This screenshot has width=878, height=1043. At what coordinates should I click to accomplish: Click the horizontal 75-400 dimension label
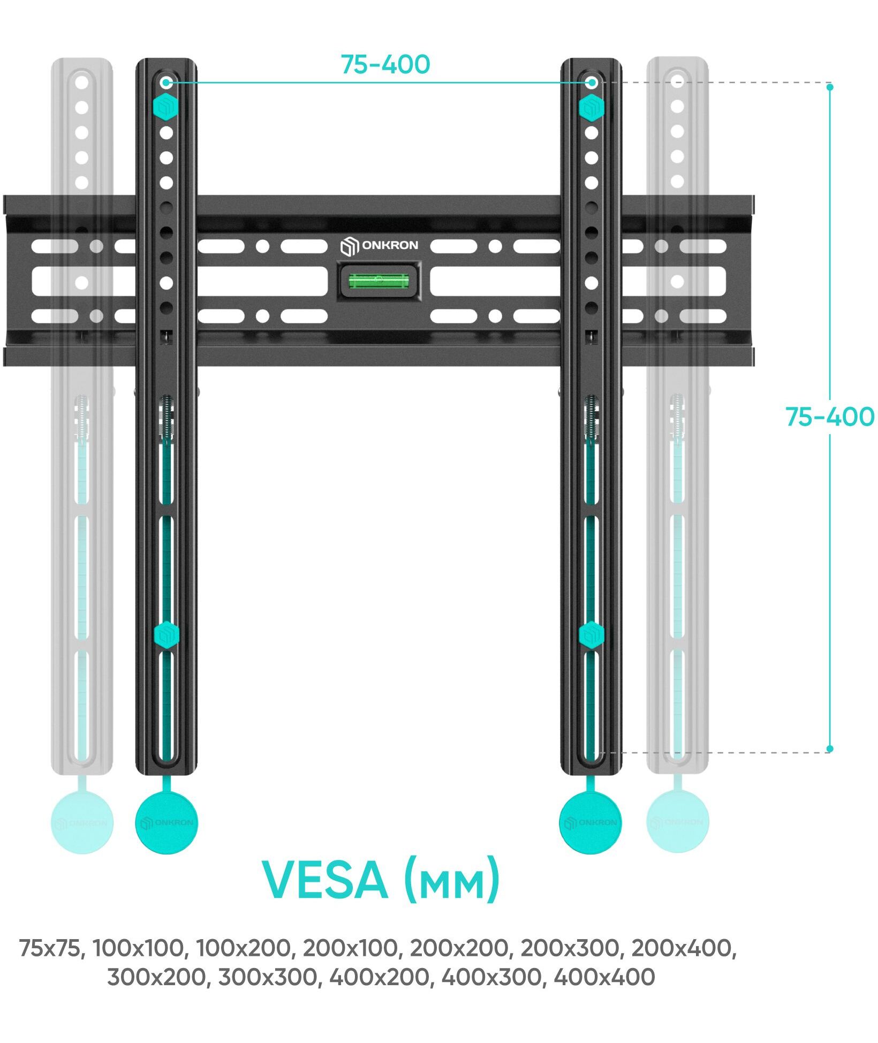(x=385, y=65)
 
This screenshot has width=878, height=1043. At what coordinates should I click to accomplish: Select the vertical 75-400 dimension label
(x=829, y=417)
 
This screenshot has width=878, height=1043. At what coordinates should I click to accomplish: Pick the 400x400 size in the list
(x=604, y=977)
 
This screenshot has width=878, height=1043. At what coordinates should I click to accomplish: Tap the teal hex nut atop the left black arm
(x=166, y=108)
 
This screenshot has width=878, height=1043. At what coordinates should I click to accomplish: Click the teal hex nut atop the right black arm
(x=591, y=108)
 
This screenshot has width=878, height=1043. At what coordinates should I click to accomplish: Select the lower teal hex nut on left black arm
(x=166, y=635)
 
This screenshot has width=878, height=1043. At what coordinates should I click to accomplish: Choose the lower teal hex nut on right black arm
(x=591, y=635)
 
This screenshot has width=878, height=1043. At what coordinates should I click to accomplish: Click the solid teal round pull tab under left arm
(x=166, y=822)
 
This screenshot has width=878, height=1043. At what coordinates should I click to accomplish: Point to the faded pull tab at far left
(x=82, y=822)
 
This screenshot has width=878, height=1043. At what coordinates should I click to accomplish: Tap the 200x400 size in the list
(x=683, y=948)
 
